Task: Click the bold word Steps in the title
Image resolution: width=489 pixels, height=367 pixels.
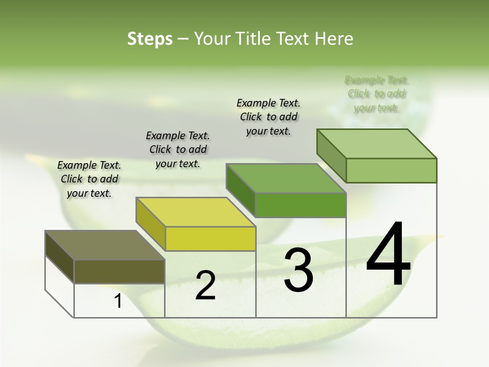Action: (149, 39)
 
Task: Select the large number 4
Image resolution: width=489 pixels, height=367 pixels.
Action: (388, 254)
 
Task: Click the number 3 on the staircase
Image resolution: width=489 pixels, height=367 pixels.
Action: (298, 270)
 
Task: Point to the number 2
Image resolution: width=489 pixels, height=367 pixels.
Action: (205, 285)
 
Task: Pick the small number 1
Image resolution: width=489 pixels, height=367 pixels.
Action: (118, 301)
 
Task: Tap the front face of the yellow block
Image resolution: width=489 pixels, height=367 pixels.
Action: (210, 239)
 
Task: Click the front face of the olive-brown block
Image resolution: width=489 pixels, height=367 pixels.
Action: (119, 271)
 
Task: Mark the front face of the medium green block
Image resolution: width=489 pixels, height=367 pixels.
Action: (301, 205)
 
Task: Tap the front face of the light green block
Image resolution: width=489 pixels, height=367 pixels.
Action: (391, 170)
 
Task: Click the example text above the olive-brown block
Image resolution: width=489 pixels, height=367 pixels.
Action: (89, 179)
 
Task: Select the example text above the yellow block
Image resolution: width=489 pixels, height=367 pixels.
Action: (178, 149)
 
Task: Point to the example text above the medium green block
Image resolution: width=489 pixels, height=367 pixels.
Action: (268, 117)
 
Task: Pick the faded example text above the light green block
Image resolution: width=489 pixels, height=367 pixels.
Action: (376, 94)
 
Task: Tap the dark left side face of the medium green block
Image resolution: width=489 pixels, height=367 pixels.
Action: (240, 190)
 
